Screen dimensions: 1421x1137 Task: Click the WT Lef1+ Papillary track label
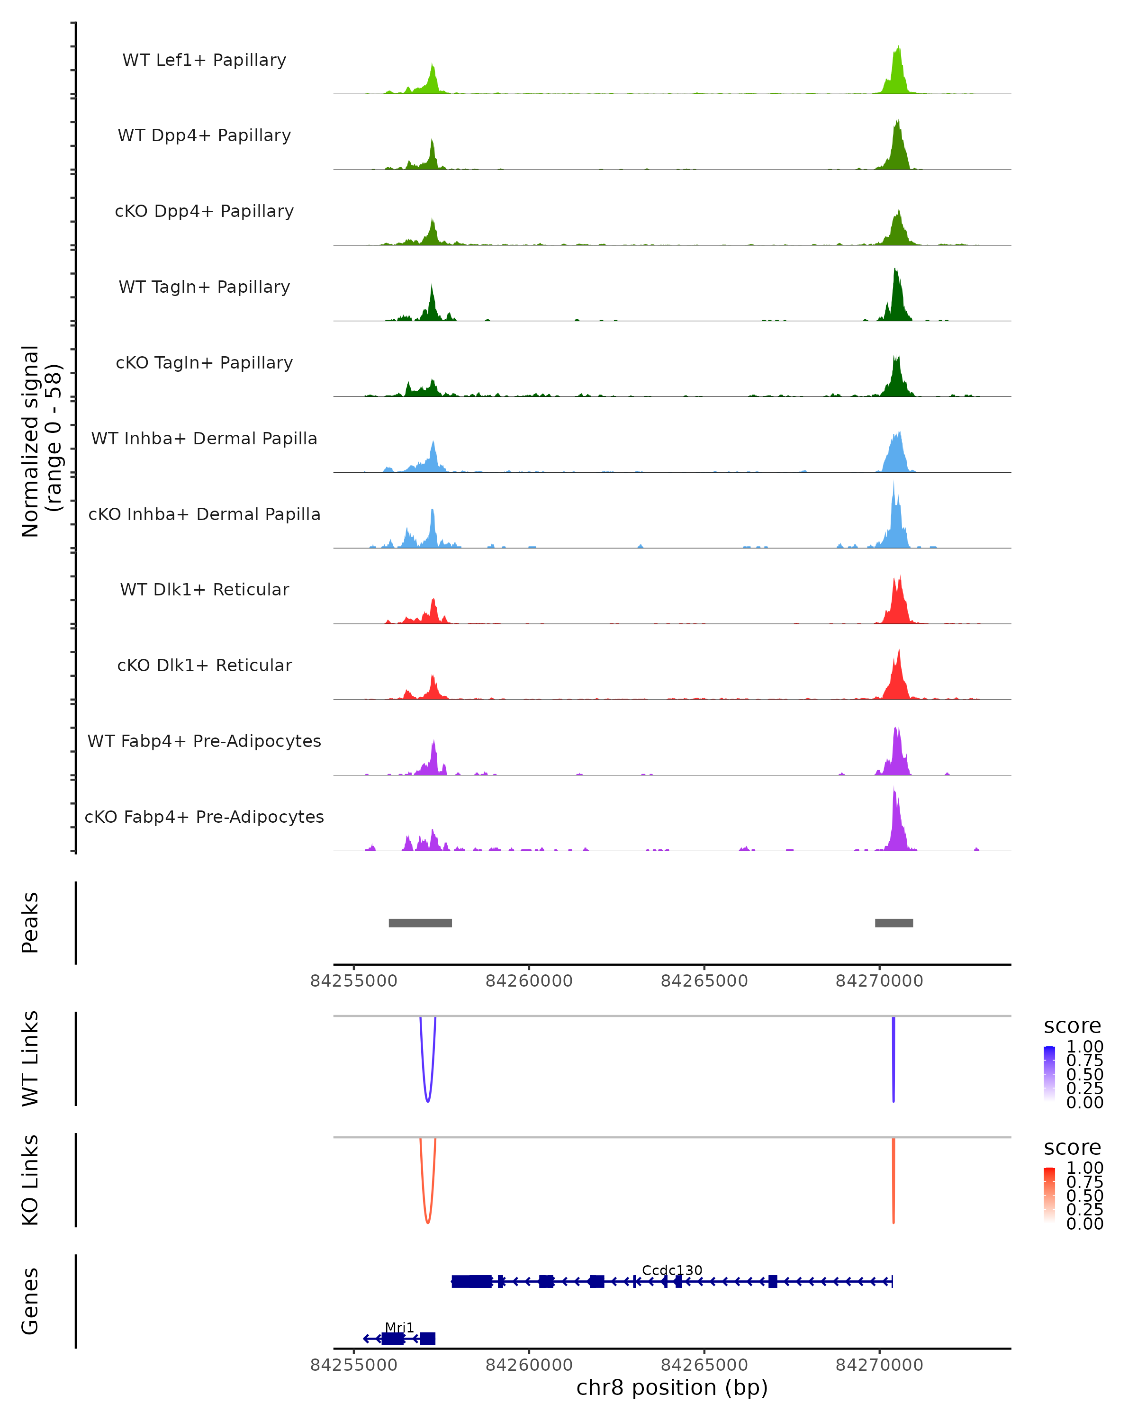(x=204, y=60)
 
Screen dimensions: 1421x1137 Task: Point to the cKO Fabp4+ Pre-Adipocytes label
(x=204, y=817)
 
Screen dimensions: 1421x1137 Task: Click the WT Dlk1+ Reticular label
(x=204, y=589)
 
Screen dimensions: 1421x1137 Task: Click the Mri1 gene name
(x=399, y=1327)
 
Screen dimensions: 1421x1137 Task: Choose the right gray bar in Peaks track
(x=894, y=923)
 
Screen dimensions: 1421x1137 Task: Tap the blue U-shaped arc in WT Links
(x=428, y=1099)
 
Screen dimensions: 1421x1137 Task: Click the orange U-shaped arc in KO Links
(x=428, y=1221)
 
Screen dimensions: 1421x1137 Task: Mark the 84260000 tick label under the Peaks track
(x=529, y=981)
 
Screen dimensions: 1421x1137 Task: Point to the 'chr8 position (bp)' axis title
(x=672, y=1387)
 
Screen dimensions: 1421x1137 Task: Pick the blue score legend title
(x=1072, y=1026)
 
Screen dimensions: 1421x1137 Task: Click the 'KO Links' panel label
(x=30, y=1180)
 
